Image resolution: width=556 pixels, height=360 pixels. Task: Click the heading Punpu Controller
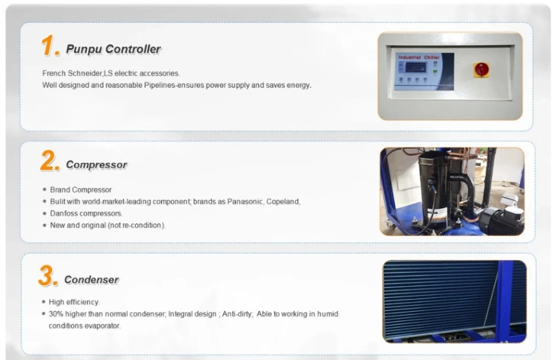tap(113, 49)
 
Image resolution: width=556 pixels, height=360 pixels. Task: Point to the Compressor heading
tap(97, 165)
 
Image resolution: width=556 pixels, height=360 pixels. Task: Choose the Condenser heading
tap(91, 279)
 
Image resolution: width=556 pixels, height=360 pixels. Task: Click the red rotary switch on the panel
tap(481, 70)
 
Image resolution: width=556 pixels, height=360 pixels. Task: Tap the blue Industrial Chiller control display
tap(424, 71)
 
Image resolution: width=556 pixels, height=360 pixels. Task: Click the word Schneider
tap(85, 73)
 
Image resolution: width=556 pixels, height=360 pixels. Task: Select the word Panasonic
tap(245, 202)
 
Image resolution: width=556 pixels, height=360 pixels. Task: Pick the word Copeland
tap(283, 202)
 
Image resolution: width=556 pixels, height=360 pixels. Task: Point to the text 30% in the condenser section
tap(56, 314)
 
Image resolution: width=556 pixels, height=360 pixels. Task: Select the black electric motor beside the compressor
tap(501, 220)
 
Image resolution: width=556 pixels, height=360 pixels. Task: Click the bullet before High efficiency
tap(44, 302)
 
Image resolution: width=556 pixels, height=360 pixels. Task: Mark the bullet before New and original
tap(44, 225)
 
